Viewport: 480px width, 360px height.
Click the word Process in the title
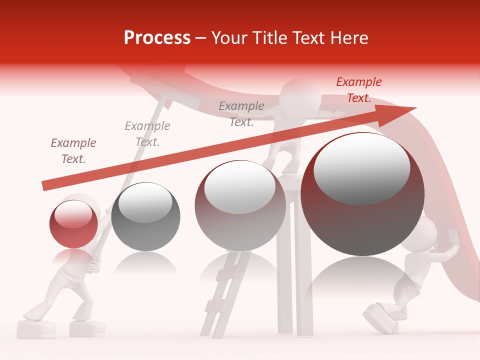157,38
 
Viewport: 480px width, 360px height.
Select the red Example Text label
358,90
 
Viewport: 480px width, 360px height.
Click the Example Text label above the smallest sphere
73,151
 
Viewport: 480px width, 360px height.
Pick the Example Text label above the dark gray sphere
147,133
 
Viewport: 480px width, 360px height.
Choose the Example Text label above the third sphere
241,113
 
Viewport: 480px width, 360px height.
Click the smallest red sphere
73,223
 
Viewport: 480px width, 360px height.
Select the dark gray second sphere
145,216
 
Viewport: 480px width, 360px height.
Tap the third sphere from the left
240,205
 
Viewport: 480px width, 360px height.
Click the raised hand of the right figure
453,237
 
